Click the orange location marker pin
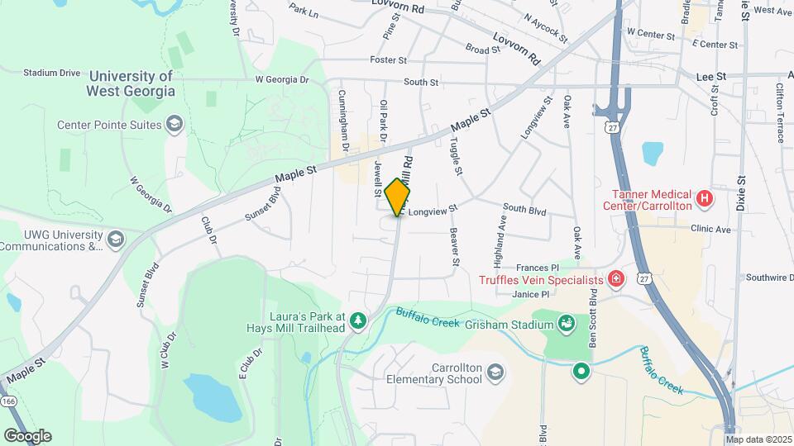coord(398,196)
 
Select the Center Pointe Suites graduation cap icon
coord(174,126)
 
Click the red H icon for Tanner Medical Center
coord(704,198)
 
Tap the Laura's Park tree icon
coord(357,320)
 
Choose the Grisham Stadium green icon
coord(567,323)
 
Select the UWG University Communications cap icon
coord(116,240)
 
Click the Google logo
coord(27,436)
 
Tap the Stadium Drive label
coord(52,73)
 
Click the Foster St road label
coord(389,60)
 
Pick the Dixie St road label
coord(741,192)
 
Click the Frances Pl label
coord(538,268)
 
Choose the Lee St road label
coord(709,76)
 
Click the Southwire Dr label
coord(769,278)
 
